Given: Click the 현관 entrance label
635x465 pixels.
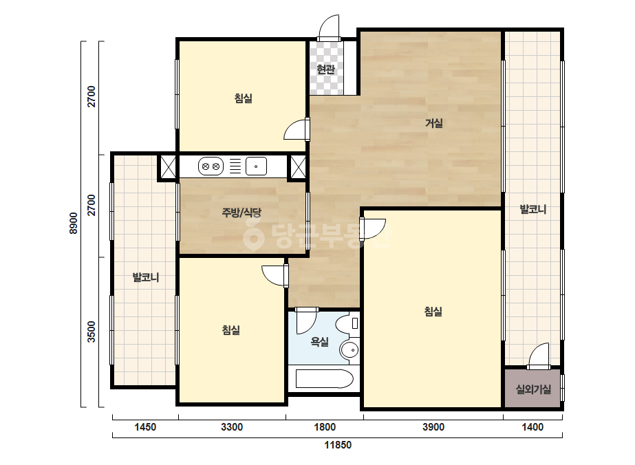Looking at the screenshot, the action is tap(325, 69).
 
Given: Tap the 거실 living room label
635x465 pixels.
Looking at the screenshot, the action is tap(433, 122).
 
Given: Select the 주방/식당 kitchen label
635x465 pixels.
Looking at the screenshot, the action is tap(241, 213).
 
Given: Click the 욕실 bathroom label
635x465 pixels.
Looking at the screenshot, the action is tap(319, 342).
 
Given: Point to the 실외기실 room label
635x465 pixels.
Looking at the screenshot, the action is tap(533, 389).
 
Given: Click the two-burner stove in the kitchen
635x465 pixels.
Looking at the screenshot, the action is tap(211, 166).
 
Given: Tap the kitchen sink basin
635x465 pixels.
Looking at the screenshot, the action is tap(256, 166).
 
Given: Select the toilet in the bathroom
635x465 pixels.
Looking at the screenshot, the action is tap(347, 323).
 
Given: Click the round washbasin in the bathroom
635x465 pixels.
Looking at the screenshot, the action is tap(349, 349).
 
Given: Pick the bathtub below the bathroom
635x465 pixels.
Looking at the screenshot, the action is tap(325, 379).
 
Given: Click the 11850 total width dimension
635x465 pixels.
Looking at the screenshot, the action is tap(338, 445).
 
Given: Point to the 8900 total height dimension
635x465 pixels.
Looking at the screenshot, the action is tap(74, 223).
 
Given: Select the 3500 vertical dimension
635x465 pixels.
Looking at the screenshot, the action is tap(92, 332).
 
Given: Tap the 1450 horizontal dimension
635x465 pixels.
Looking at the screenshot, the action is tap(145, 427).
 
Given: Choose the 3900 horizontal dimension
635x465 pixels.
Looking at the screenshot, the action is tap(433, 427).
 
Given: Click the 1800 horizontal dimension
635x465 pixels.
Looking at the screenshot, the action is tap(325, 427).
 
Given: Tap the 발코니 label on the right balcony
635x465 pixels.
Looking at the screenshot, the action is tap(533, 209).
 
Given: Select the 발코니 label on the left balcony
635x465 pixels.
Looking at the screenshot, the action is tap(146, 277).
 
